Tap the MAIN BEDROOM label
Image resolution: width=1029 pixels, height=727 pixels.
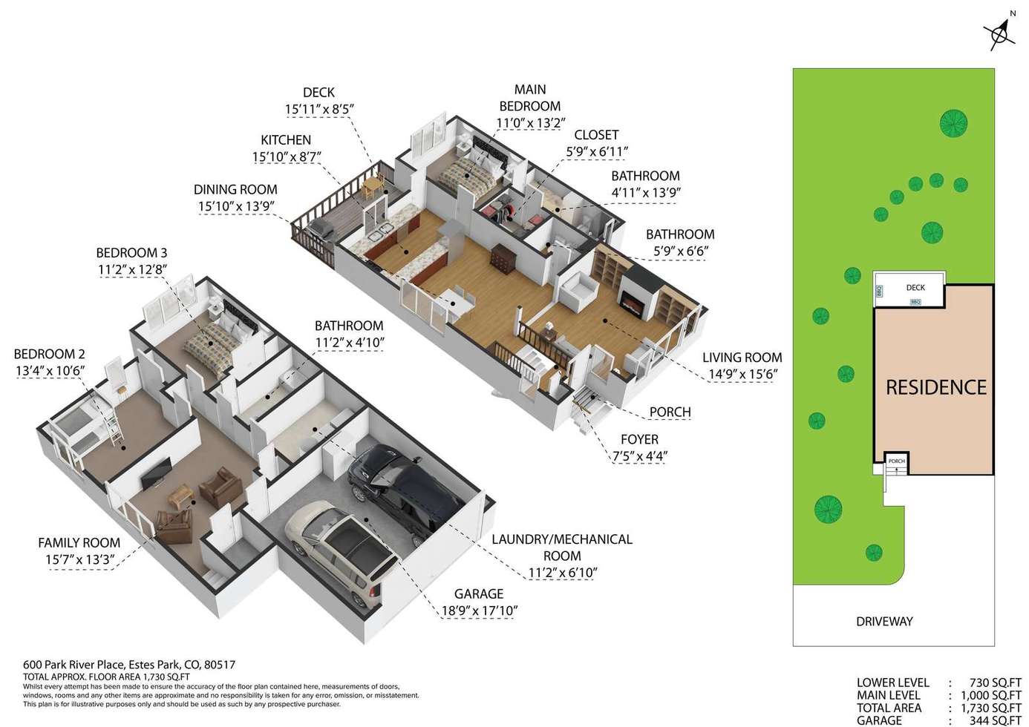tap(530, 97)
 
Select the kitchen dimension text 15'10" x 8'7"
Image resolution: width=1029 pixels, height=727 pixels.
tap(286, 157)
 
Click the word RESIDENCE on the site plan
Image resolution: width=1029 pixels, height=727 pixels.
tap(935, 388)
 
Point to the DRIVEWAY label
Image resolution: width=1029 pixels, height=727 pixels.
tap(884, 622)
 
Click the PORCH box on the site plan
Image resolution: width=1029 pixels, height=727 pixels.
tap(897, 463)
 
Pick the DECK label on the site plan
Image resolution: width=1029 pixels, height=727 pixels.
tap(915, 288)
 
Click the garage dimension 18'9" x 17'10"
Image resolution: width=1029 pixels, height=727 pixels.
tap(480, 611)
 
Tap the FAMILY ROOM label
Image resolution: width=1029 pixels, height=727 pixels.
tap(79, 543)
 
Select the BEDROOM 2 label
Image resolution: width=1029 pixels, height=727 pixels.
tap(50, 355)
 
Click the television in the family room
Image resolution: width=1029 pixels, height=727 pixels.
tap(156, 473)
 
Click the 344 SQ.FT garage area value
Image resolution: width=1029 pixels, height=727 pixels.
tap(995, 721)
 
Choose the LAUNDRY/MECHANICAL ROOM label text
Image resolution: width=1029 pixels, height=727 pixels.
tap(562, 547)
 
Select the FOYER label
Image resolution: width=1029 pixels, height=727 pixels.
tap(639, 440)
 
